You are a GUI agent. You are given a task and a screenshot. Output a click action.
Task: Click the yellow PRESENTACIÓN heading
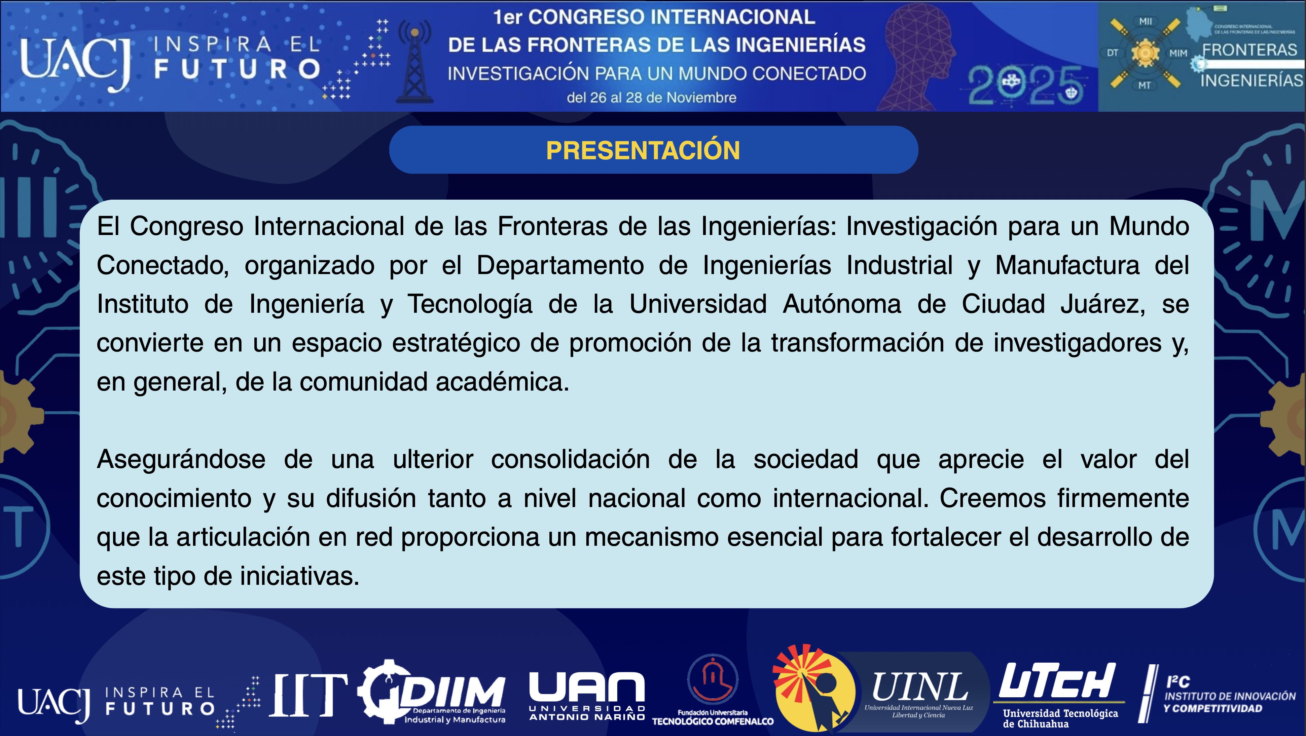tap(643, 150)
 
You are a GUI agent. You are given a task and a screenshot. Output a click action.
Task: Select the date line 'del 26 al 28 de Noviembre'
tap(651, 97)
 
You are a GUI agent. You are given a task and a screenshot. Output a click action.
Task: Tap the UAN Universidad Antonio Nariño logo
tap(587, 696)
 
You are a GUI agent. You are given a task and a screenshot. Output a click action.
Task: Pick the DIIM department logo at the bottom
tap(432, 692)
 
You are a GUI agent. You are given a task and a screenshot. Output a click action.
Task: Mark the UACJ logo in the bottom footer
tap(54, 705)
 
